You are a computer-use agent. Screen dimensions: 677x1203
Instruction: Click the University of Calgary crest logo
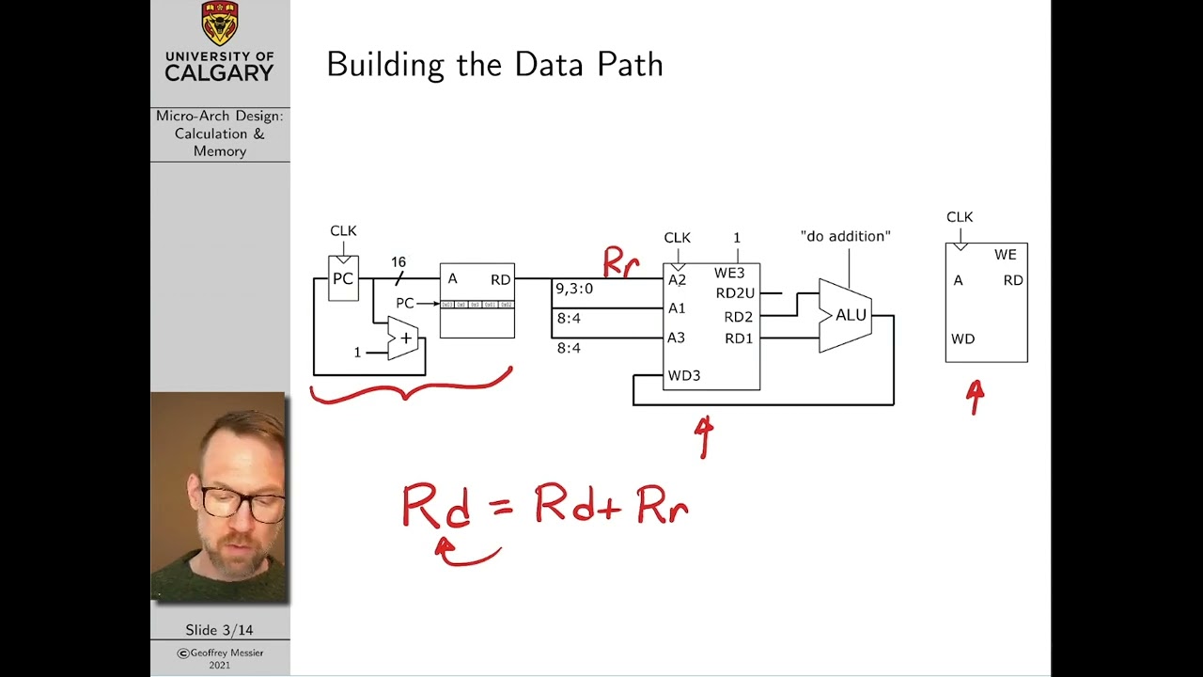tap(220, 24)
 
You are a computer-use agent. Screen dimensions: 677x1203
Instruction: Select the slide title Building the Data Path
tap(494, 65)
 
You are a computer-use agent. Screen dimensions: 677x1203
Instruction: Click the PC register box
tap(343, 279)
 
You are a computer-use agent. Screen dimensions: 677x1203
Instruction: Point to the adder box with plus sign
tap(404, 338)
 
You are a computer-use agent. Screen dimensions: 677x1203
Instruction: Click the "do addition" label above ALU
tap(845, 236)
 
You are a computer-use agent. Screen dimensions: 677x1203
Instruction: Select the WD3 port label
tap(683, 376)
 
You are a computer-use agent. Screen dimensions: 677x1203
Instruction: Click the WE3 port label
tap(729, 274)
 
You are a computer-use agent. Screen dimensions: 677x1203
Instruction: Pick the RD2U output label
tap(734, 293)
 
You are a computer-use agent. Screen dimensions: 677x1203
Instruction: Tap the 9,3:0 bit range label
tap(574, 289)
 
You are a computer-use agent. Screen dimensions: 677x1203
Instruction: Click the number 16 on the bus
tap(398, 262)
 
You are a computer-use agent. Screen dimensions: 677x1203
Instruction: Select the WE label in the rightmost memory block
tap(1005, 255)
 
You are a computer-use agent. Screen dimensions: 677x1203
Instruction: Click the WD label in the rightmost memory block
tap(962, 338)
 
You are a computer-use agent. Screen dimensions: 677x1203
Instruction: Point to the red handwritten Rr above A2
tap(621, 262)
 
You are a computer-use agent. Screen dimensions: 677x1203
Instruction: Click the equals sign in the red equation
tap(501, 508)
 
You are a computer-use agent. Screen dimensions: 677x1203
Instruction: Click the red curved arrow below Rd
tap(467, 555)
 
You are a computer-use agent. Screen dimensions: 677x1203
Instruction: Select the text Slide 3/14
tap(219, 630)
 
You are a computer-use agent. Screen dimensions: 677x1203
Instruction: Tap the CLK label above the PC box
tap(343, 231)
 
